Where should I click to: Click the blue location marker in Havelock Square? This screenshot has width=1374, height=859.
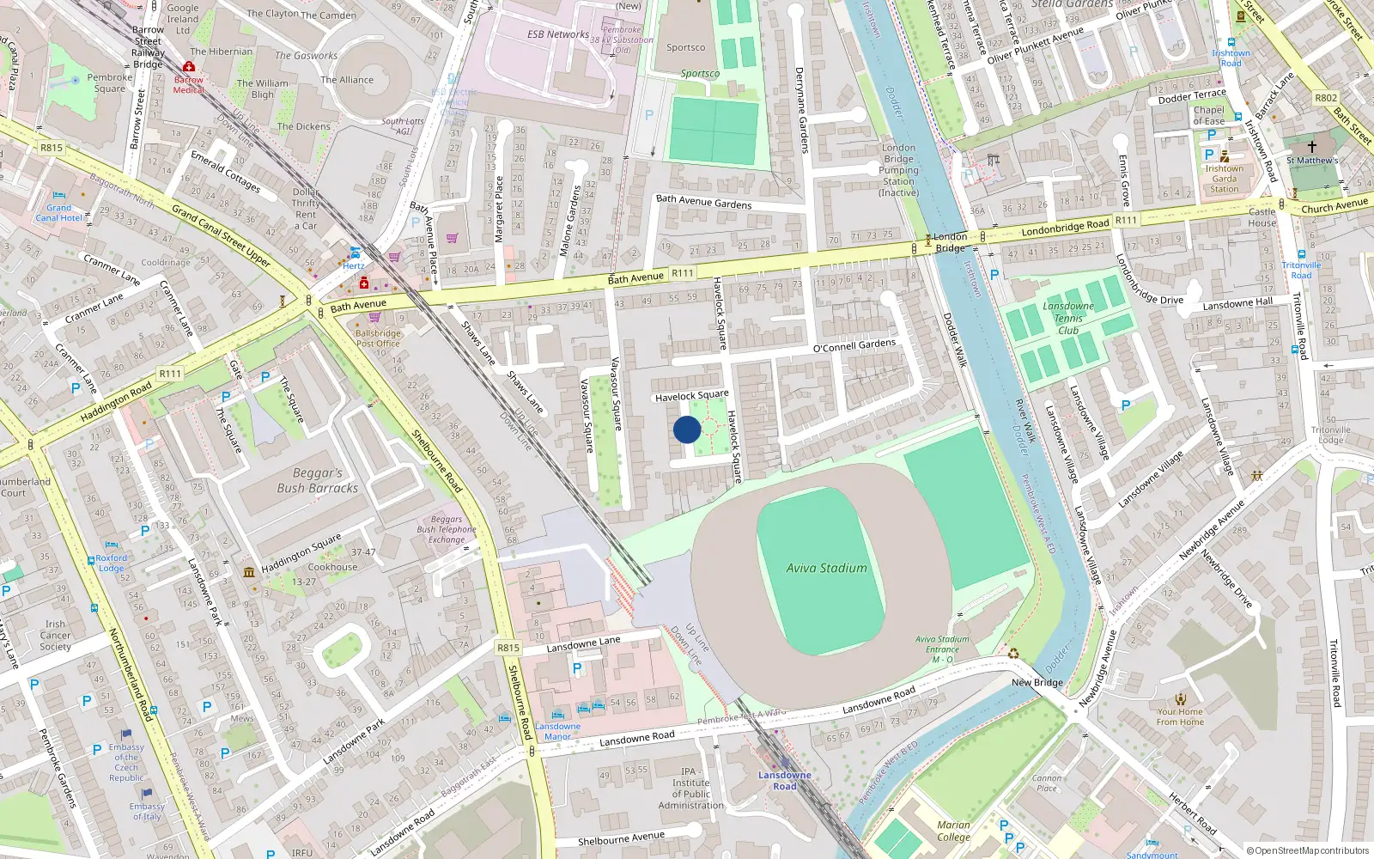(687, 429)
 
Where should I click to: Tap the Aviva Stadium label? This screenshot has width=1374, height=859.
(826, 568)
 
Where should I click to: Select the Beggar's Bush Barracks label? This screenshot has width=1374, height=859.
(317, 480)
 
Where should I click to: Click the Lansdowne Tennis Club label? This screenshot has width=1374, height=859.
(1068, 318)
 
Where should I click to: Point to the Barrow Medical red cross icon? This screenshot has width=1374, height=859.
(189, 66)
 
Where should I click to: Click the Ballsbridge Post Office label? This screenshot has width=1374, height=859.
(378, 338)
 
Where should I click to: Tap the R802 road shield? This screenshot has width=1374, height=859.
(1326, 98)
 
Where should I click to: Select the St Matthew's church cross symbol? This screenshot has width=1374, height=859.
(1311, 147)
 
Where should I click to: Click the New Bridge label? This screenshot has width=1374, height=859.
(1037, 683)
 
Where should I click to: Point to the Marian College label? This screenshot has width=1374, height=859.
(953, 831)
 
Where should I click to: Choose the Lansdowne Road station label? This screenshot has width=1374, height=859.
(784, 781)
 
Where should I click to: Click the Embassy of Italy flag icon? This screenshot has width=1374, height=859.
(146, 794)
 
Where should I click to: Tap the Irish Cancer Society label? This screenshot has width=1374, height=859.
(55, 636)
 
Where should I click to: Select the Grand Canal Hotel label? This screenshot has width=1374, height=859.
(58, 213)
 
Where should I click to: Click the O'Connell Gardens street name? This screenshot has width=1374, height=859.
(854, 345)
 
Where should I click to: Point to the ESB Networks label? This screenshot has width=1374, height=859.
(558, 34)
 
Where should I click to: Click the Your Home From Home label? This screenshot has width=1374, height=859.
(1180, 716)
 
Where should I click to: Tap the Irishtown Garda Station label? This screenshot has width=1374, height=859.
(1224, 179)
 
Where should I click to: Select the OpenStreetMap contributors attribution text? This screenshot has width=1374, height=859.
(1307, 850)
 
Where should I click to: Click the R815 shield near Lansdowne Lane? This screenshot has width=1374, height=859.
(508, 648)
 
